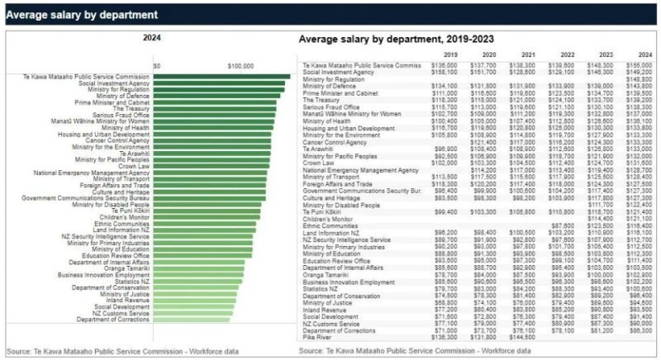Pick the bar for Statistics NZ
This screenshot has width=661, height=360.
199,282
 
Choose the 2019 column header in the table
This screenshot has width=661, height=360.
450,54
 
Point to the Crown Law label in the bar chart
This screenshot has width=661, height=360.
134,166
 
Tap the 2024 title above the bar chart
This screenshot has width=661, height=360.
152,38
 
